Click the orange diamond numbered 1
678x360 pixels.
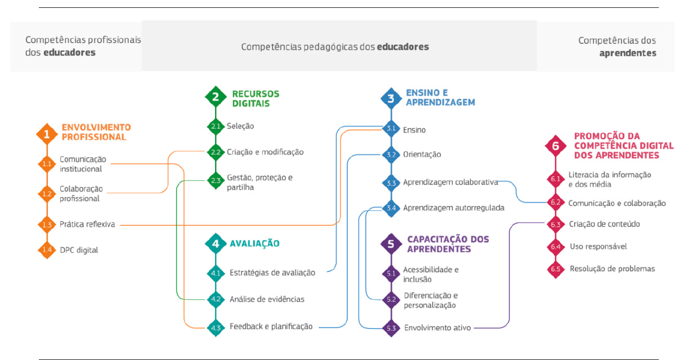pyautogui.click(x=47, y=134)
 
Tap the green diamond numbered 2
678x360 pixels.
pyautogui.click(x=216, y=97)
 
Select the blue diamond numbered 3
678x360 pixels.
pyautogui.click(x=391, y=99)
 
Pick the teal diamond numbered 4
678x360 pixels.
pyautogui.click(x=216, y=243)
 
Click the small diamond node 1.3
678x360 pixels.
pyautogui.click(x=47, y=225)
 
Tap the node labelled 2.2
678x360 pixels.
pyautogui.click(x=216, y=152)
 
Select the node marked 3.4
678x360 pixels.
pyautogui.click(x=391, y=208)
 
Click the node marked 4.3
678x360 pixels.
pyautogui.click(x=216, y=327)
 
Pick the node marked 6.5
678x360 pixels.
pyautogui.click(x=556, y=269)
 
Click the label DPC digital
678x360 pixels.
pyautogui.click(x=79, y=250)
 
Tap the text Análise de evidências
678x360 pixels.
pyautogui.click(x=267, y=299)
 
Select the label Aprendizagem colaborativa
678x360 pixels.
pyautogui.click(x=450, y=183)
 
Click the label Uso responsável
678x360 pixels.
pyautogui.click(x=597, y=246)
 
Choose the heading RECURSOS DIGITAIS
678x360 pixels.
pyautogui.click(x=256, y=99)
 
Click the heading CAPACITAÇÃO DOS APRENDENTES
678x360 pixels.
pyautogui.click(x=448, y=244)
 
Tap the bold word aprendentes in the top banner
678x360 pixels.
pyautogui.click(x=627, y=53)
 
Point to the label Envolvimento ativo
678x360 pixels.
pyautogui.click(x=438, y=327)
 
